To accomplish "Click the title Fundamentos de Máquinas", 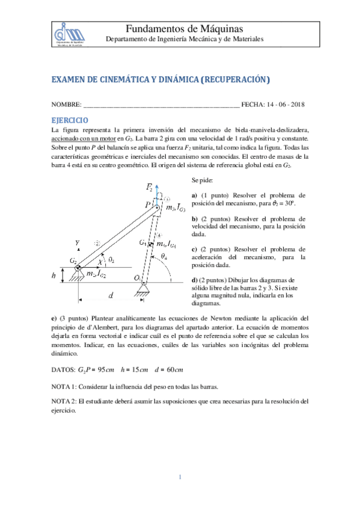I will click(x=185, y=29).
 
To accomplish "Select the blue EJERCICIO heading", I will click(x=70, y=120).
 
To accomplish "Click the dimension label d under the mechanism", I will click(x=111, y=295).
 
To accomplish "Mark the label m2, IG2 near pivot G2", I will click(x=96, y=274).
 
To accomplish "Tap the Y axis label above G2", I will click(x=77, y=242).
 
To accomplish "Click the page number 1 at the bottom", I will click(x=180, y=478).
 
